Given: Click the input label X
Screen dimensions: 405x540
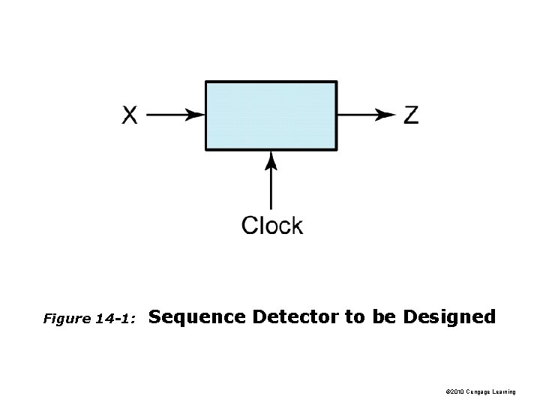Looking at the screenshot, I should pyautogui.click(x=130, y=115).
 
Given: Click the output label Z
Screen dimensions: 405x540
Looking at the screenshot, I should pyautogui.click(x=411, y=115).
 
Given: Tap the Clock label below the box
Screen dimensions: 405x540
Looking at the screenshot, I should pyautogui.click(x=271, y=225).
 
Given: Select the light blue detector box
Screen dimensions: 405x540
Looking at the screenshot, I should pyautogui.click(x=271, y=115).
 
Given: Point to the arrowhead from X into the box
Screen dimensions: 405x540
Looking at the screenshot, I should pyautogui.click(x=196, y=115).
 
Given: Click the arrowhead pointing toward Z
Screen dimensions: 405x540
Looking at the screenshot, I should pyautogui.click(x=386, y=115).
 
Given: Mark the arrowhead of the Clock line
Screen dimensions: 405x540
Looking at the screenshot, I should pyautogui.click(x=271, y=159).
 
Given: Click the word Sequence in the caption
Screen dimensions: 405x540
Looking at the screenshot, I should pyautogui.click(x=198, y=317).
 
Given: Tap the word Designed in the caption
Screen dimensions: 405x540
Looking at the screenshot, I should pyautogui.click(x=449, y=316).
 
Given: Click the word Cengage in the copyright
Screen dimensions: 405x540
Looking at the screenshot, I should pyautogui.click(x=486, y=392).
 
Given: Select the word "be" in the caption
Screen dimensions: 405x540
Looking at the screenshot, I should pyautogui.click(x=382, y=316).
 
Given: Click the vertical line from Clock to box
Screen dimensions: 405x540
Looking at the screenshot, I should pyautogui.click(x=271, y=187).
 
